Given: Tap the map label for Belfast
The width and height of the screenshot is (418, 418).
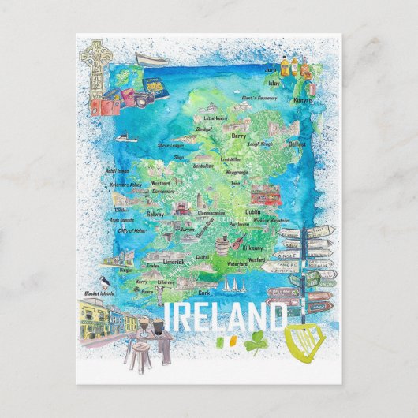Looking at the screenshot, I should click(x=297, y=145).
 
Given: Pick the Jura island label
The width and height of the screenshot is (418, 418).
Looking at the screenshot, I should click(x=274, y=69).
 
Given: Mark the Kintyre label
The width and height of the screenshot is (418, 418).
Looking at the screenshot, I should click(x=304, y=100).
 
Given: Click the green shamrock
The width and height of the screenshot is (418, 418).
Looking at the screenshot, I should click(x=256, y=344).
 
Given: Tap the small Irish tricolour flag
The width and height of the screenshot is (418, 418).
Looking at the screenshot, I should click(x=225, y=344).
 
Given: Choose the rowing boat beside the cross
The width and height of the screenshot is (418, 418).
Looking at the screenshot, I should click(x=151, y=60).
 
